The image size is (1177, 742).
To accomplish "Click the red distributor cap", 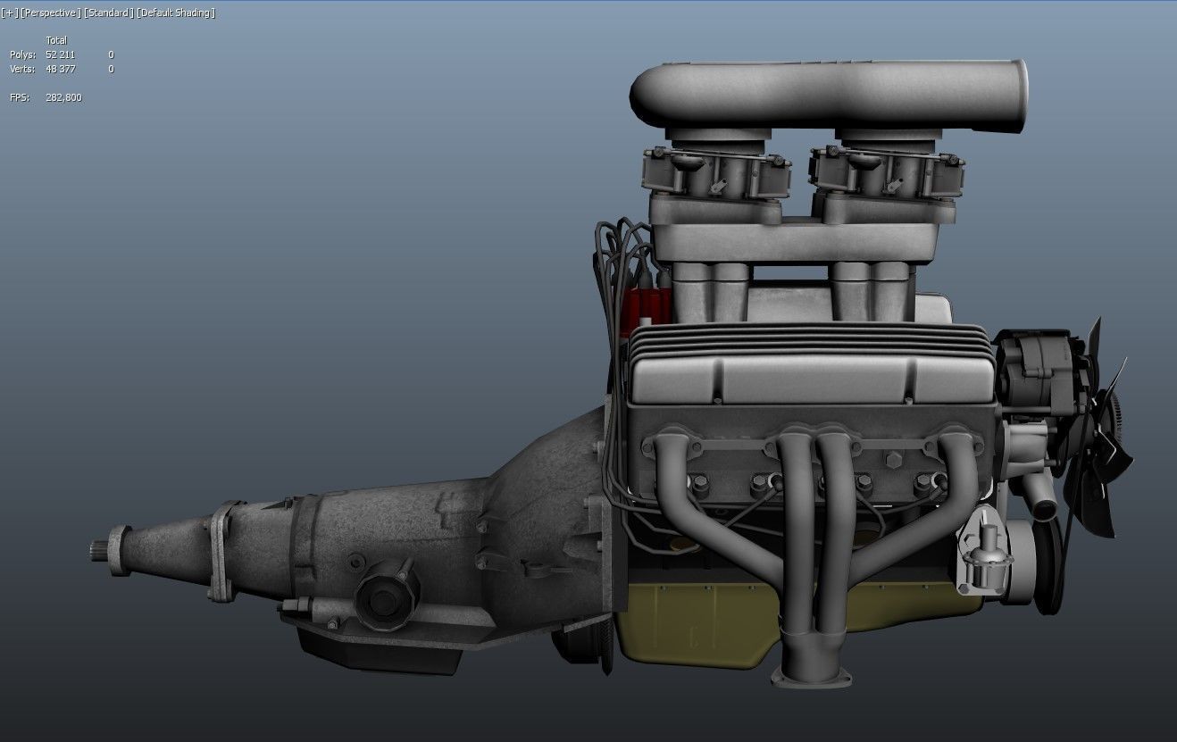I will [x=643, y=308].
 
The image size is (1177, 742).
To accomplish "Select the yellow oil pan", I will [x=705, y=625].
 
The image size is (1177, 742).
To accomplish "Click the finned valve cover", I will [x=808, y=366].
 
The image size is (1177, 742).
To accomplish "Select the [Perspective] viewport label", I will [x=51, y=13].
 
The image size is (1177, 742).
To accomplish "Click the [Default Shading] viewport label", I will [x=176, y=13].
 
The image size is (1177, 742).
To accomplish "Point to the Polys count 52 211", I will [x=60, y=54].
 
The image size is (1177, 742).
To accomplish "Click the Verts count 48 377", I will [x=60, y=69].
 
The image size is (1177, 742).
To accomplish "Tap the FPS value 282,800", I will [x=63, y=97].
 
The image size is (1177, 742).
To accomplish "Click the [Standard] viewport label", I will [x=108, y=13].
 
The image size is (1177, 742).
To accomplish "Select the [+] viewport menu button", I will [x=9, y=13].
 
